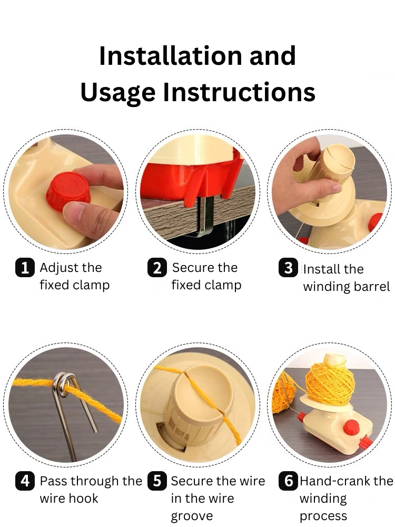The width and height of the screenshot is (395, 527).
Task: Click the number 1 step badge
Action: coord(25,268)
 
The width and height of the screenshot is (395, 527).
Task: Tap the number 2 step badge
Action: coord(157,268)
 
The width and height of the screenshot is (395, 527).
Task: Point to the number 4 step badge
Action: coord(25,481)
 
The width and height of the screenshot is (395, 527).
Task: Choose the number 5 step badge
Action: coord(157,481)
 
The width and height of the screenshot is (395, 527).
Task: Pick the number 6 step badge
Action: coord(289,481)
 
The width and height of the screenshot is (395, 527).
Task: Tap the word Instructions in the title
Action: coord(239,92)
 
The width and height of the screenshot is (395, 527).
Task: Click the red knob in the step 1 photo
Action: coord(68,191)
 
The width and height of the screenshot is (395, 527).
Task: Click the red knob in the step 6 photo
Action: coord(351,427)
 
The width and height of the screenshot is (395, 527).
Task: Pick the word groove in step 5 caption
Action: coord(192,516)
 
